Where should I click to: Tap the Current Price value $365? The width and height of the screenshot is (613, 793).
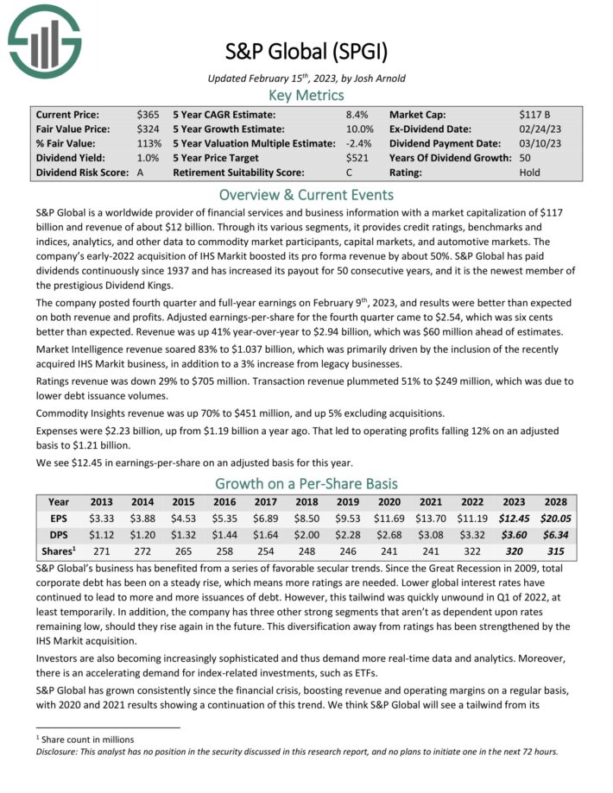pyautogui.click(x=147, y=114)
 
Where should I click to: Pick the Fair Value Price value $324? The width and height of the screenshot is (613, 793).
pyautogui.click(x=147, y=129)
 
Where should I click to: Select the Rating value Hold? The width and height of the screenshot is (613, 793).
pyautogui.click(x=532, y=173)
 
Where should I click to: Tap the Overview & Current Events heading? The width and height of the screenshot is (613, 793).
pyautogui.click(x=306, y=194)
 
